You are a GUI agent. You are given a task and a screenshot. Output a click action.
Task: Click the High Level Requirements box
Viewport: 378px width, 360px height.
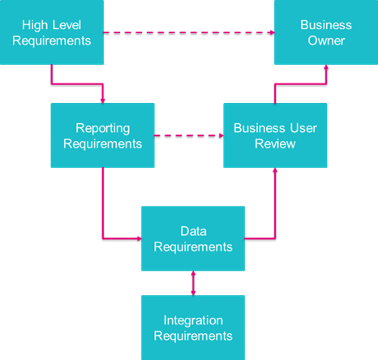(52, 32)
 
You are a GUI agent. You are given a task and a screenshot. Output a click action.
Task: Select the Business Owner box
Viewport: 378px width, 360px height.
(326, 32)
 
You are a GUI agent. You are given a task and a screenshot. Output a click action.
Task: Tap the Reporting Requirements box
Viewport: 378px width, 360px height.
(103, 135)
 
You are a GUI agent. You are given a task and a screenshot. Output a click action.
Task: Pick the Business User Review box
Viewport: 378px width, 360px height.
(275, 135)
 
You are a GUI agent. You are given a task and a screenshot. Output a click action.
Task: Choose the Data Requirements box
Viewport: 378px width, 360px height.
(193, 238)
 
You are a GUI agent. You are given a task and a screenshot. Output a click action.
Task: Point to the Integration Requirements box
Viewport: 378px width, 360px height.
(193, 328)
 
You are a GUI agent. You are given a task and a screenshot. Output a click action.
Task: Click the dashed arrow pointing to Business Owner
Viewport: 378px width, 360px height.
(189, 32)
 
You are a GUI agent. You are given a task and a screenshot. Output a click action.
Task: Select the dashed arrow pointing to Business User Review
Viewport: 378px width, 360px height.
(189, 135)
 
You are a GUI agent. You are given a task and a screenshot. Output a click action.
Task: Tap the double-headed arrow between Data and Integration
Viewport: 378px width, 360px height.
(193, 283)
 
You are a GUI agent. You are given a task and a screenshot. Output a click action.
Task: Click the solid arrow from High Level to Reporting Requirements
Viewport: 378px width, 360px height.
(77, 84)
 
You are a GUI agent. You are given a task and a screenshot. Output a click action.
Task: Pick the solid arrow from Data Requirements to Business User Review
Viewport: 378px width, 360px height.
(275, 216)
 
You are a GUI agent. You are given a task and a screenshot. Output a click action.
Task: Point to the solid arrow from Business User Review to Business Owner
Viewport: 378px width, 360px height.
(300, 84)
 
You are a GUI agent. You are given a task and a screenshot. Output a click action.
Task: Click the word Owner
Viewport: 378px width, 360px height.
(326, 41)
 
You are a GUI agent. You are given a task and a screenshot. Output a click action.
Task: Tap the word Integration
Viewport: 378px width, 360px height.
(193, 320)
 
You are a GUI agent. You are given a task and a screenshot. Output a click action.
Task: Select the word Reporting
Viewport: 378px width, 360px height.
(103, 128)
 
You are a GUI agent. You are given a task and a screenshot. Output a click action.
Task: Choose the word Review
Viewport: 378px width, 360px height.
(275, 144)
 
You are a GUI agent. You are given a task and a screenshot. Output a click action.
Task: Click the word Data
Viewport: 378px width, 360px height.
(193, 231)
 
